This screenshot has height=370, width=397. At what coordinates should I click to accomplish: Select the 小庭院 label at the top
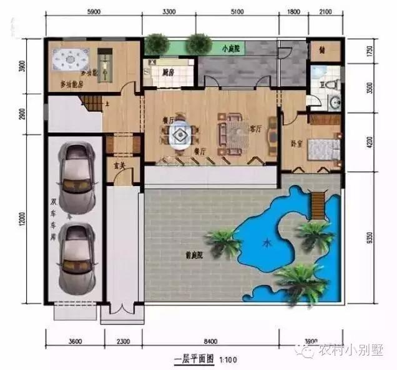pyautogui.click(x=232, y=47)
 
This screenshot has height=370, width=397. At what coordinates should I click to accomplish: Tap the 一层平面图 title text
pyautogui.click(x=194, y=360)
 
